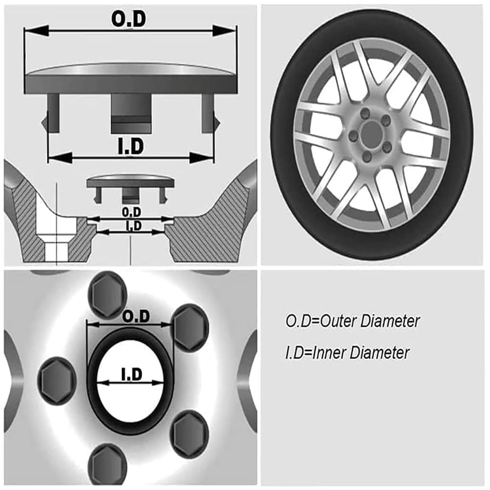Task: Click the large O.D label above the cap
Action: point(129,19)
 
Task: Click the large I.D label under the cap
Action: point(130,147)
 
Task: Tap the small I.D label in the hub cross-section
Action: point(133,225)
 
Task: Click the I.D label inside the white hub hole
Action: point(131,375)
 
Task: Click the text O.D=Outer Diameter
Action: point(353,321)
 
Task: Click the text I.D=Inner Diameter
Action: point(347,352)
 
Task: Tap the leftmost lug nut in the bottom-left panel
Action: point(57,380)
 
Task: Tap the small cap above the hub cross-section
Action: point(130,183)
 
